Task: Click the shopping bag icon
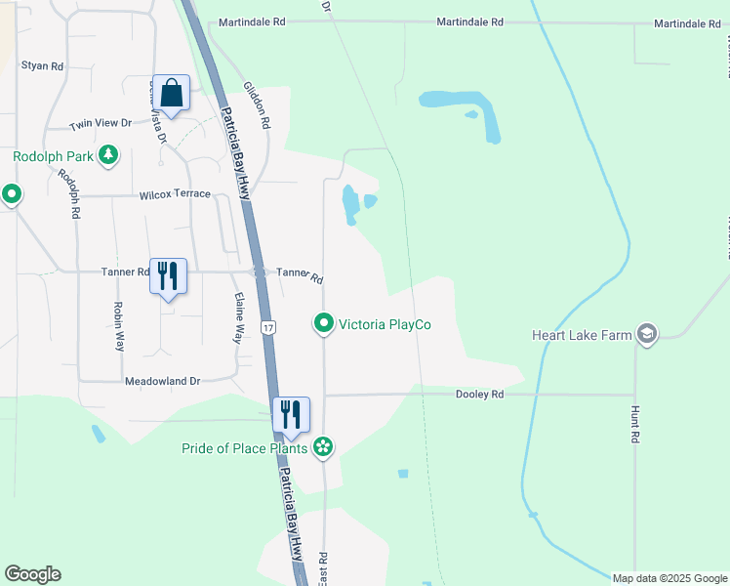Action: pyautogui.click(x=171, y=95)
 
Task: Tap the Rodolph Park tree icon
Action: pyautogui.click(x=108, y=155)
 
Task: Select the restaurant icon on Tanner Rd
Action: pyautogui.click(x=168, y=276)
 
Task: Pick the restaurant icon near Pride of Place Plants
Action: pyautogui.click(x=291, y=414)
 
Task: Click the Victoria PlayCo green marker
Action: pyautogui.click(x=324, y=323)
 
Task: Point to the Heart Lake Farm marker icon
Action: pyautogui.click(x=646, y=335)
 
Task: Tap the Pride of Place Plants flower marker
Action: pyautogui.click(x=323, y=448)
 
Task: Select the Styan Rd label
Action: pyautogui.click(x=43, y=66)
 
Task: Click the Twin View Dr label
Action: pyautogui.click(x=100, y=124)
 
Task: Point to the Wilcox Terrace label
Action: pyautogui.click(x=175, y=194)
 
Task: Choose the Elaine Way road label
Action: pyautogui.click(x=236, y=318)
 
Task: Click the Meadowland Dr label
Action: pyautogui.click(x=161, y=381)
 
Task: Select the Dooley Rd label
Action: pyautogui.click(x=479, y=395)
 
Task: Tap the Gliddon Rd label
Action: pyautogui.click(x=257, y=107)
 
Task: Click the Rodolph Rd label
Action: pyautogui.click(x=68, y=194)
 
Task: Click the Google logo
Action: pyautogui.click(x=32, y=574)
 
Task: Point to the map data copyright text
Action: pyautogui.click(x=669, y=578)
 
